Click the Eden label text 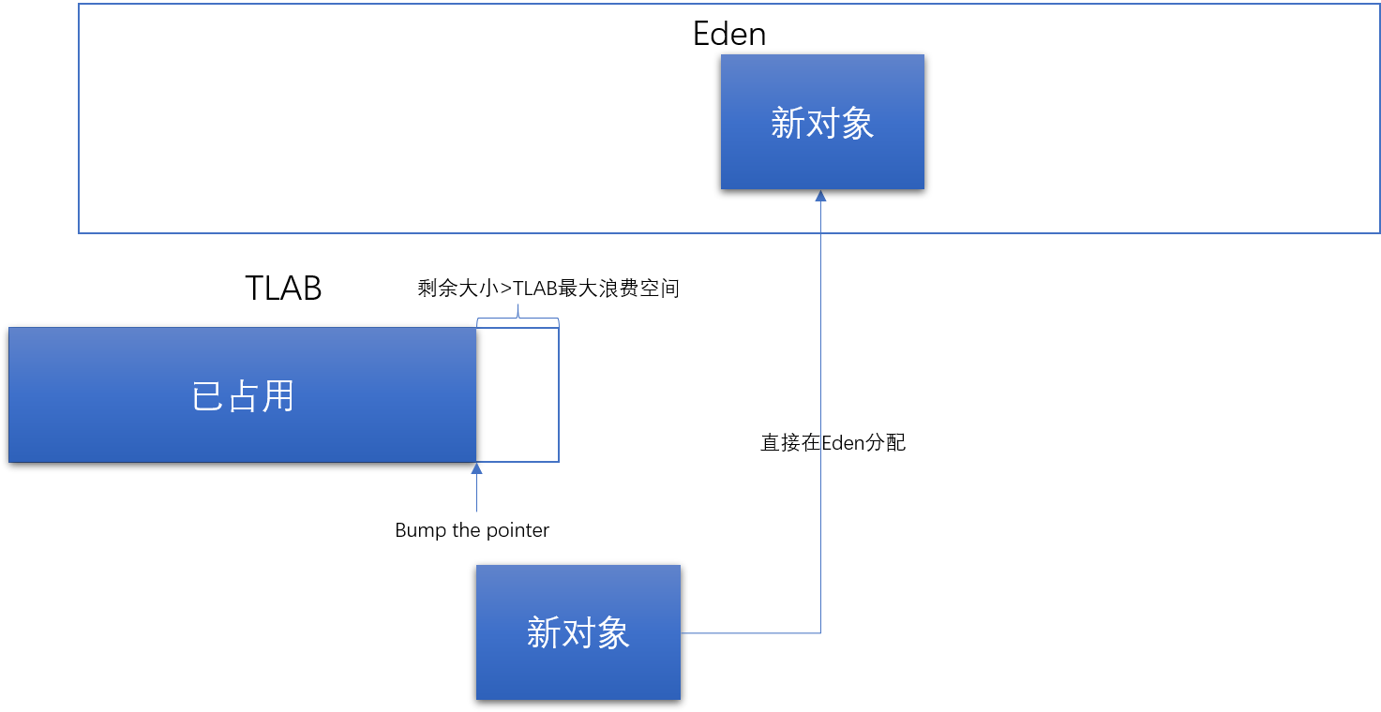pyautogui.click(x=729, y=35)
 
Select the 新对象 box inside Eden pyautogui.click(x=822, y=122)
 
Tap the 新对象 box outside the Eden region pyautogui.click(x=578, y=632)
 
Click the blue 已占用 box pyautogui.click(x=243, y=394)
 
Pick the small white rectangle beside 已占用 pyautogui.click(x=518, y=394)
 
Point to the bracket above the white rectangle pyautogui.click(x=518, y=319)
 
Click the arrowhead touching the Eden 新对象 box pyautogui.click(x=820, y=196)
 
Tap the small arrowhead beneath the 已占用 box pyautogui.click(x=476, y=468)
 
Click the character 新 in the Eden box pyautogui.click(x=788, y=124)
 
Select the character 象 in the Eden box pyautogui.click(x=857, y=124)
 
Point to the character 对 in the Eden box pyautogui.click(x=822, y=124)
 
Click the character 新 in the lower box pyautogui.click(x=544, y=634)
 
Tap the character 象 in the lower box pyautogui.click(x=613, y=634)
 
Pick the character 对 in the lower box pyautogui.click(x=578, y=634)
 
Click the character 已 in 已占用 pyautogui.click(x=208, y=397)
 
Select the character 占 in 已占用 pyautogui.click(x=243, y=397)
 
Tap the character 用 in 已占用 pyautogui.click(x=278, y=397)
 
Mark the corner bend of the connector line pyautogui.click(x=820, y=633)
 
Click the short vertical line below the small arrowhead pyautogui.click(x=476, y=495)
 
